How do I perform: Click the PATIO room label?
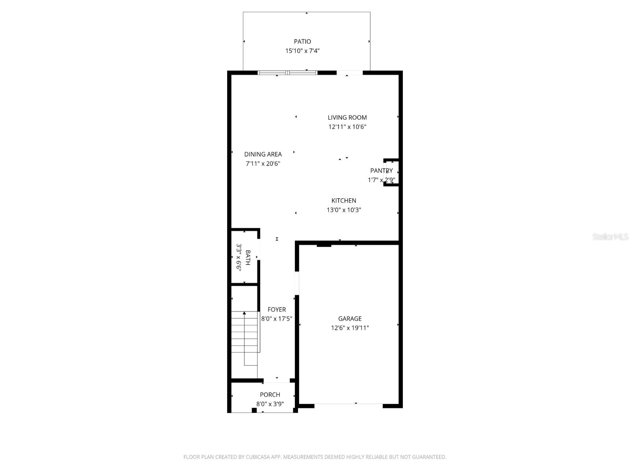click(x=302, y=41)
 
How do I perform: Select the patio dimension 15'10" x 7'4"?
click(x=302, y=51)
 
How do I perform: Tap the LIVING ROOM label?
click(x=347, y=117)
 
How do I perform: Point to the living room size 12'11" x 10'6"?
click(x=347, y=127)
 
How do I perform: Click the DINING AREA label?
click(x=263, y=155)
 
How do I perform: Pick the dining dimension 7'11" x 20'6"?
click(x=263, y=164)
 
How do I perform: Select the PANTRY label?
click(x=381, y=171)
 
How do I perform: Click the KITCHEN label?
click(x=344, y=201)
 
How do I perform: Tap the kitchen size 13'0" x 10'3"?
click(x=344, y=210)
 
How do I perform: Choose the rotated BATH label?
click(x=248, y=257)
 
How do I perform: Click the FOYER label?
click(x=276, y=310)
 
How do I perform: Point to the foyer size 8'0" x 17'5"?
click(x=276, y=319)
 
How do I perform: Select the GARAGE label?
click(x=350, y=318)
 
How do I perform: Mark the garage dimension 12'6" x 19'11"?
click(x=350, y=328)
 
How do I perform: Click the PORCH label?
click(x=270, y=395)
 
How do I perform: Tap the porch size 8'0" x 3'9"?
click(x=270, y=404)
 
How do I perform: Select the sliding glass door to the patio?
click(x=287, y=73)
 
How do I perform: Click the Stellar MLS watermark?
click(x=610, y=237)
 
